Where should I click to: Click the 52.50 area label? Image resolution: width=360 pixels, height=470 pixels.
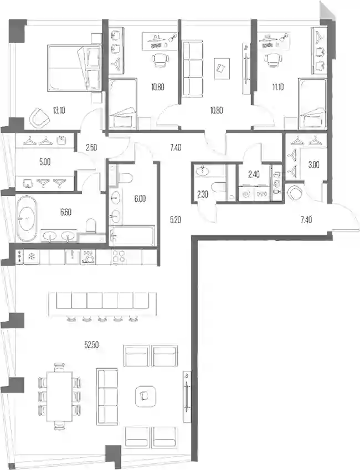[91, 345]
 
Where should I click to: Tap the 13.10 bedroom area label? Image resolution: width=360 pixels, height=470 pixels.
[59, 111]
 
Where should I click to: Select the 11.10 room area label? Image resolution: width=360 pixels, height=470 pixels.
[278, 87]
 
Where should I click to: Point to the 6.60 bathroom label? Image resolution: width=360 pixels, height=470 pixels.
[66, 212]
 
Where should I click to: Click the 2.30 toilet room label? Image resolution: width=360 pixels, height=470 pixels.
[203, 194]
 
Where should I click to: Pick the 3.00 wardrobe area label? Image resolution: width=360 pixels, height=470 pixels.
[313, 164]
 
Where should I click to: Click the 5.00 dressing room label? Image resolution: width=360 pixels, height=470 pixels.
[45, 162]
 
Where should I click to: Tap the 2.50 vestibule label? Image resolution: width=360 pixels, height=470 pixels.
[91, 147]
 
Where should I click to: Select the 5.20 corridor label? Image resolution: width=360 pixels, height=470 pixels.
[175, 220]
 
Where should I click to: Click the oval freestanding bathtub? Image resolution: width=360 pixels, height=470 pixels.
[27, 218]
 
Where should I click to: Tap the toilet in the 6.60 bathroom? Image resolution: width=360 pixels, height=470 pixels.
[91, 226]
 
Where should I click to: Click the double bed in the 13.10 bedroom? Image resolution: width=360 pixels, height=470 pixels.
[74, 68]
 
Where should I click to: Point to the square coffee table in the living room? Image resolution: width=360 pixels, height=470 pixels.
[145, 396]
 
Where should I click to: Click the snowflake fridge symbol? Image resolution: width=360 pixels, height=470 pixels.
[31, 256]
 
